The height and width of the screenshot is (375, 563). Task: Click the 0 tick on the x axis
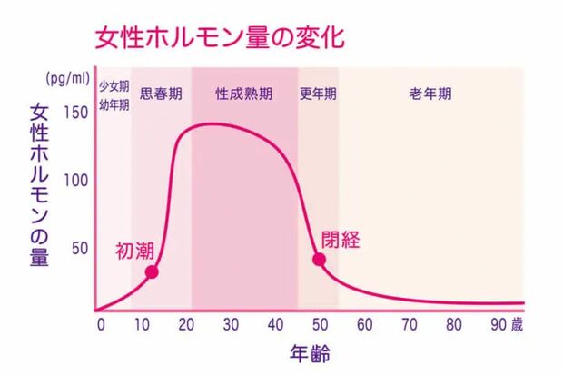point(101,324)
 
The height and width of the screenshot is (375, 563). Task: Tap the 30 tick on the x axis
point(231,324)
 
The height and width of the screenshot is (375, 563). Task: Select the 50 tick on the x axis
point(319,324)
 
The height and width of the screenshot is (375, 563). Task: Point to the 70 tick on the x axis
point(407,324)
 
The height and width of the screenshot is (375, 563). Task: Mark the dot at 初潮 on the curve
point(152,271)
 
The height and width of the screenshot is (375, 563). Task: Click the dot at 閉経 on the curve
point(319,259)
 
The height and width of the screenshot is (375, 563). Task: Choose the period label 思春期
point(161,94)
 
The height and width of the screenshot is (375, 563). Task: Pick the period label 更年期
point(318,94)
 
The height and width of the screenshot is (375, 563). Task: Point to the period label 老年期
point(430,94)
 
